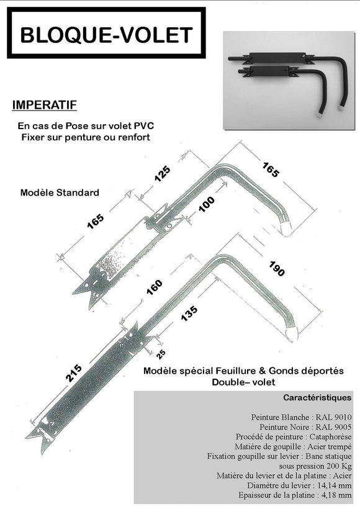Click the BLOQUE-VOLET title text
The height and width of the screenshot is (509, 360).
(107, 35)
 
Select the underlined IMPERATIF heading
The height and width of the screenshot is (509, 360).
(45, 105)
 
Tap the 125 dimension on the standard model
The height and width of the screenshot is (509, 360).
(162, 174)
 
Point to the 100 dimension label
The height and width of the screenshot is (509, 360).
(207, 204)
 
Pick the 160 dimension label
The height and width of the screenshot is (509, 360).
(154, 287)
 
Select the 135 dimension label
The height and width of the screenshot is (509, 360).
(189, 313)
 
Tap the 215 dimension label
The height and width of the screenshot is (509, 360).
(74, 372)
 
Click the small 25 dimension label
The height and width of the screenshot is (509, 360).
(161, 354)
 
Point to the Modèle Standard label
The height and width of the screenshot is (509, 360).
(60, 192)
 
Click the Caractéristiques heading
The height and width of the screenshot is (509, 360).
(317, 397)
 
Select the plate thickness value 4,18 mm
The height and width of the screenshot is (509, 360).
(336, 495)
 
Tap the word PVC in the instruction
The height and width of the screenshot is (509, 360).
(143, 125)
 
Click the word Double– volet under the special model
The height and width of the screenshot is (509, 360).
(243, 382)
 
